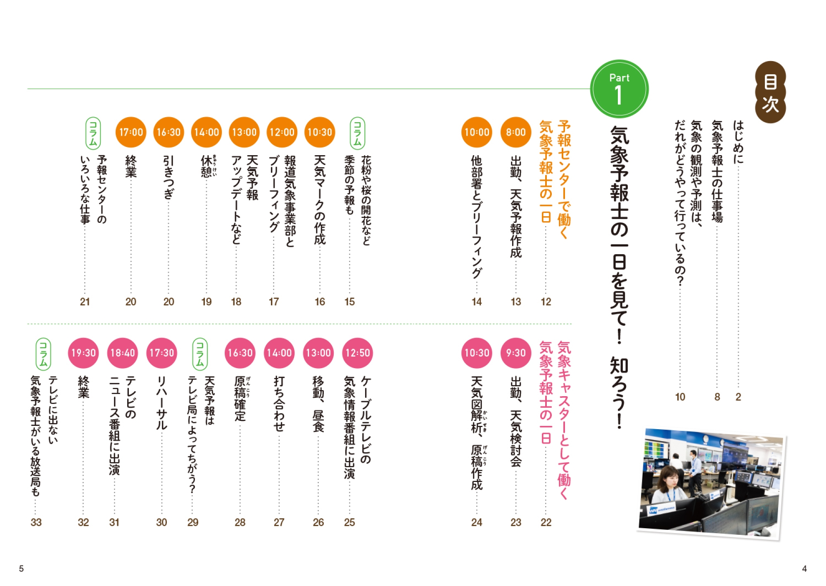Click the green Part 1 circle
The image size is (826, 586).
click(619, 89)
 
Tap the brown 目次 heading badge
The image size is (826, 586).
click(770, 92)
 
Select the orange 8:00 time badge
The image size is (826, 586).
click(516, 132)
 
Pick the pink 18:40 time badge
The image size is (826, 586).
click(123, 353)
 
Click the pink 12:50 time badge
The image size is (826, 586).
click(358, 353)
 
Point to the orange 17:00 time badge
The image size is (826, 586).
click(131, 132)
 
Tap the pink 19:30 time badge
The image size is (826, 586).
click(83, 353)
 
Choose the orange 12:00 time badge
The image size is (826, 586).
click(282, 132)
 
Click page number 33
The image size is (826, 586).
click(36, 522)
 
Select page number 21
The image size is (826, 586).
click(85, 302)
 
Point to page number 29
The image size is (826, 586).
click(193, 522)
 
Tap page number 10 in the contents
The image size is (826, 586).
click(680, 397)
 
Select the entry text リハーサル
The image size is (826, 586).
click(161, 403)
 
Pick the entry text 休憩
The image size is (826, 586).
click(206, 166)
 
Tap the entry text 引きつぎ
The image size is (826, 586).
click(169, 177)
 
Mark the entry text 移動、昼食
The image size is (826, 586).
click(318, 404)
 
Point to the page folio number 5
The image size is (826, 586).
click(21, 569)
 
